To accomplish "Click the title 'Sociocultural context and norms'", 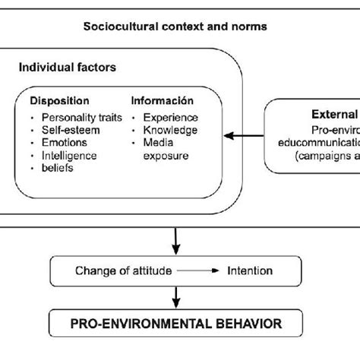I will point(176,28).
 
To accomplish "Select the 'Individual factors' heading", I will point(68,68).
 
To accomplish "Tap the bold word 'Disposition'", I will point(60,100).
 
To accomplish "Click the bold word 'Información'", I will point(163,100).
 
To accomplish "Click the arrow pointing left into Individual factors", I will point(248,137).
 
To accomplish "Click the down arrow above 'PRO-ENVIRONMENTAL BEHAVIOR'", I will point(176,296).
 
